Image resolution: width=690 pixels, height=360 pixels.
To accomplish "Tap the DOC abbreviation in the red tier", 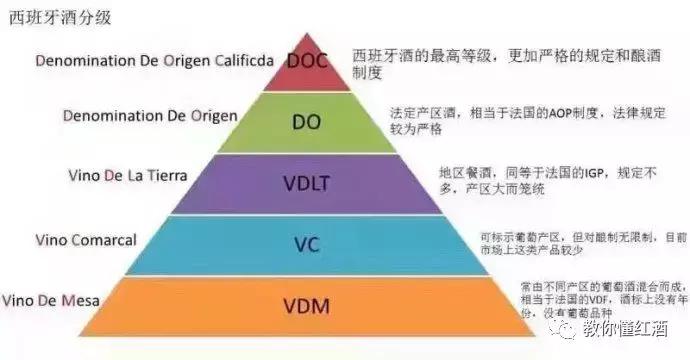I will tap(308, 61).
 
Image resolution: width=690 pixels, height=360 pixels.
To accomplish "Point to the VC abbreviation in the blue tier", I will tap(306, 242).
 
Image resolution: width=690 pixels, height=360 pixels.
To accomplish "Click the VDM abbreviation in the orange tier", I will tap(306, 303).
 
